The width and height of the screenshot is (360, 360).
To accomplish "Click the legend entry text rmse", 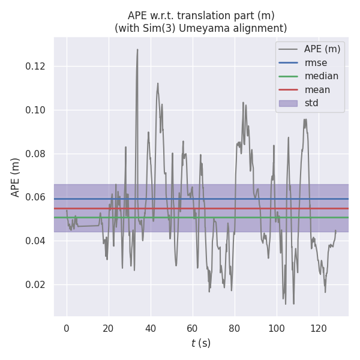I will [x=316, y=62].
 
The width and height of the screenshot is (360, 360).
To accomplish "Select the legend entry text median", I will [x=321, y=76].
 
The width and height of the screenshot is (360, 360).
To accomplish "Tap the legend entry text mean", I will [x=317, y=90].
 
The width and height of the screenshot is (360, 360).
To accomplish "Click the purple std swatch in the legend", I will [x=288, y=103].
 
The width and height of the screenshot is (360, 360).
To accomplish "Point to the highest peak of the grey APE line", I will [x=137, y=50].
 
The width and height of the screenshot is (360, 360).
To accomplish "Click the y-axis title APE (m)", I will [x=16, y=177].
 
